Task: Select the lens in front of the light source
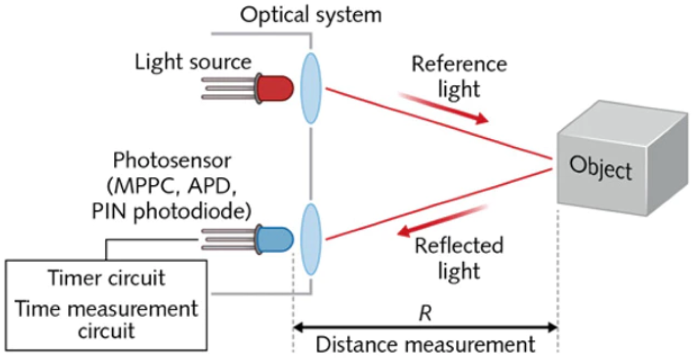tap(310, 88)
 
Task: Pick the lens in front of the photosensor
tap(310, 239)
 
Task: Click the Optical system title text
tap(311, 14)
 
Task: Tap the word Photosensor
tap(172, 160)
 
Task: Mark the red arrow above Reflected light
tap(442, 221)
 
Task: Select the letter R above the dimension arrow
tap(425, 313)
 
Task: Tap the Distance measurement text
tap(425, 345)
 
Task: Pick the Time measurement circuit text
tap(106, 319)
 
